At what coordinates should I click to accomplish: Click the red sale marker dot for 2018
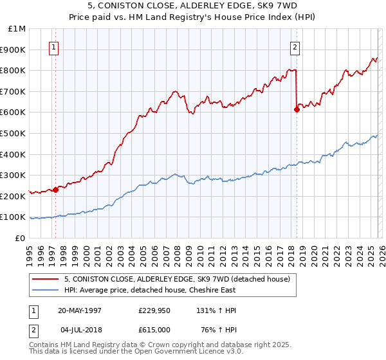297,109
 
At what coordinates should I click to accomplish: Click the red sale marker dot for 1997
56,190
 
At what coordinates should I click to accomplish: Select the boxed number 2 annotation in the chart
295,47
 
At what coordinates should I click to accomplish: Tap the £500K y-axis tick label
14,133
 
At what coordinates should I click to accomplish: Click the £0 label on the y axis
19,238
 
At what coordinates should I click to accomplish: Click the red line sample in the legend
45,279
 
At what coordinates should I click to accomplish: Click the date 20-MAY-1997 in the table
80,310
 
